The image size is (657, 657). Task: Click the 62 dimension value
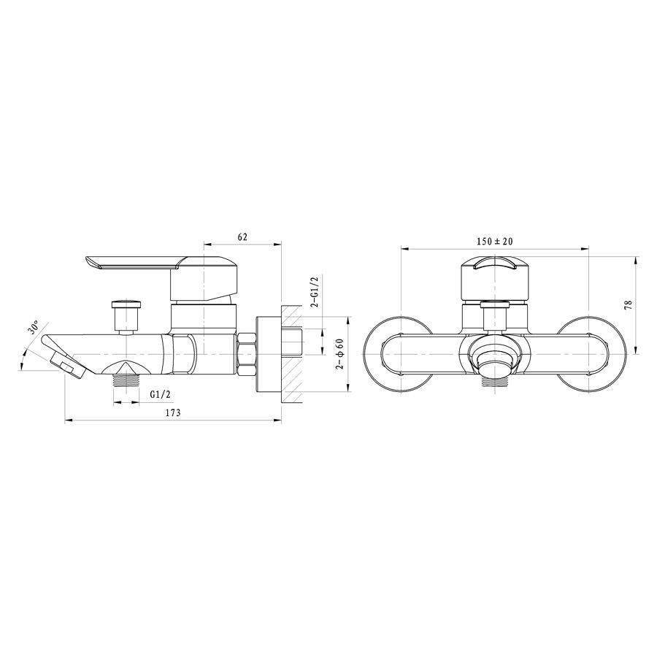[242, 237]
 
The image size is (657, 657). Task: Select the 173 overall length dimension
[172, 412]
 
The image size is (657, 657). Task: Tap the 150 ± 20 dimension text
[494, 242]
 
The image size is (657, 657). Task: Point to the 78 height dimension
[628, 304]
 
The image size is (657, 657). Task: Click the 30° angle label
[34, 326]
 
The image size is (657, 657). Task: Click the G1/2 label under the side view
[160, 394]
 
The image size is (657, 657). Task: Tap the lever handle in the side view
[162, 278]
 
